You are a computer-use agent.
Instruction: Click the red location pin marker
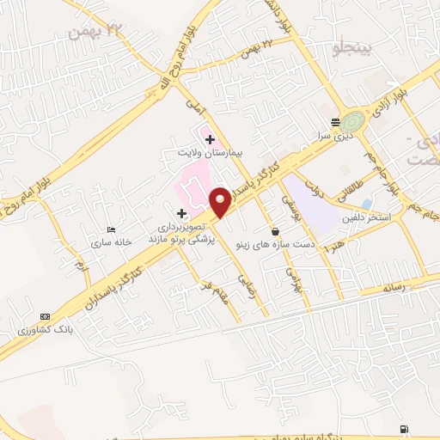coord(221,203)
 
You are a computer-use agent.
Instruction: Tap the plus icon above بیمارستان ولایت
coord(210,138)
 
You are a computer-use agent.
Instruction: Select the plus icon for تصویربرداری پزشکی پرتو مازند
coord(181,213)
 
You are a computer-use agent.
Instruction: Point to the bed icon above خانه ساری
coord(111,230)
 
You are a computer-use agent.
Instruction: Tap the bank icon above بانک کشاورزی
coord(45,317)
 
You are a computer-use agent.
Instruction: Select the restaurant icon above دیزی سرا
coord(334,122)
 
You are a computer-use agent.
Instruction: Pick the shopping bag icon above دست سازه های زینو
coord(275,230)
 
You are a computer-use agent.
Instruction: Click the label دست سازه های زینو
coord(277,244)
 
